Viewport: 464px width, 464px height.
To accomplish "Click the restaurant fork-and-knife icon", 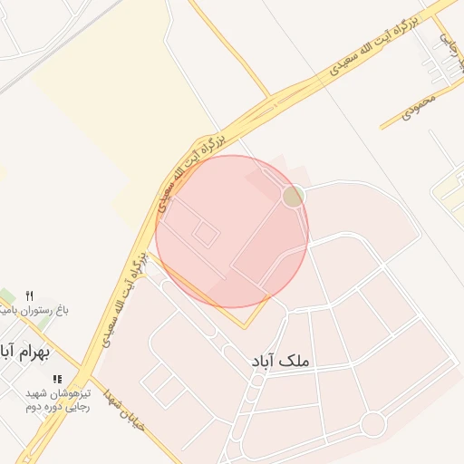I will coord(29,295).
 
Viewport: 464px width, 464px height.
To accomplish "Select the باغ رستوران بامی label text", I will coord(36,311).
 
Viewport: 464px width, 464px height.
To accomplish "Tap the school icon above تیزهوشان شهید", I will coord(57,380).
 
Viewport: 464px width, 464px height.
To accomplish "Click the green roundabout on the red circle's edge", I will coord(292,196).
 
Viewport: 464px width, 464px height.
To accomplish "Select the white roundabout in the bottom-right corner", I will coord(372,423).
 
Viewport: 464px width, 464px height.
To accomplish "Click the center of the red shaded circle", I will coord(232,231).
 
